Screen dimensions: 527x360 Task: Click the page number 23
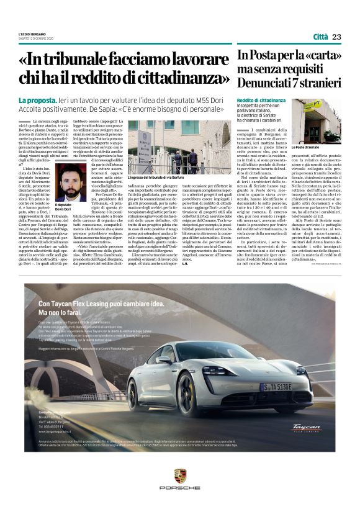point(336,37)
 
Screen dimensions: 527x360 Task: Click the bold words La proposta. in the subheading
point(37,100)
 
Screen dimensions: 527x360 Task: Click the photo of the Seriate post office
point(316,122)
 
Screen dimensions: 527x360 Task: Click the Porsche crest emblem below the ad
point(180,477)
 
